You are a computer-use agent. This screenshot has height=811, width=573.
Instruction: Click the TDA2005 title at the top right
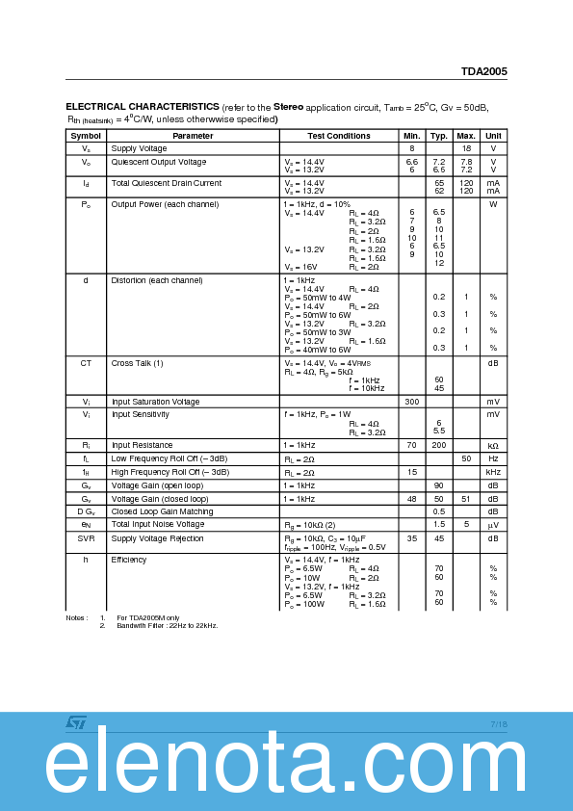point(483,71)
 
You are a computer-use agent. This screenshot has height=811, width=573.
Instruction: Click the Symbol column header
point(85,136)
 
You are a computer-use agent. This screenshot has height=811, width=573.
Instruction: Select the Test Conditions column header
point(339,136)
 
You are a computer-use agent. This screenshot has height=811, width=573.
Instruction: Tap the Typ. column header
point(438,136)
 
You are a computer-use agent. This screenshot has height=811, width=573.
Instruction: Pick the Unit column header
point(493,136)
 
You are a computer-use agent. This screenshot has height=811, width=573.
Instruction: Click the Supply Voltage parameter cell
point(139,148)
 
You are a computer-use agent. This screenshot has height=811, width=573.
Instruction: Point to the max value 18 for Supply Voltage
point(466,148)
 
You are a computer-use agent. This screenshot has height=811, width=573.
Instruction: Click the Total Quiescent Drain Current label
point(166,183)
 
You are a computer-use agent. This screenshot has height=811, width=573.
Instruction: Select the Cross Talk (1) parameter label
point(137,363)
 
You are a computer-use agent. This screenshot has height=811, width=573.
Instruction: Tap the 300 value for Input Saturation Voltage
point(411,402)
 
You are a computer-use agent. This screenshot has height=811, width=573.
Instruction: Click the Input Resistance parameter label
point(141,446)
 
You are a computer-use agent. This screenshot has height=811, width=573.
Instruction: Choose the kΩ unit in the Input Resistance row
point(493,446)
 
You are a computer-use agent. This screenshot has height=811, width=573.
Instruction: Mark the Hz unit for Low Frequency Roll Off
point(493,458)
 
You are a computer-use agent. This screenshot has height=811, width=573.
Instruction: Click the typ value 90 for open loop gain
point(438,485)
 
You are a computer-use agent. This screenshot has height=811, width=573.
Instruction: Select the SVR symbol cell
point(85,538)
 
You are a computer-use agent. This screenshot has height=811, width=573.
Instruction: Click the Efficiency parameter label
point(129,560)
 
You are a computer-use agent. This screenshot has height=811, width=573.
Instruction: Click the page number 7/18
point(499,723)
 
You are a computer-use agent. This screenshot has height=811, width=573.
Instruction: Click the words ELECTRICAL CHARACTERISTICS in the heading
point(142,106)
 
